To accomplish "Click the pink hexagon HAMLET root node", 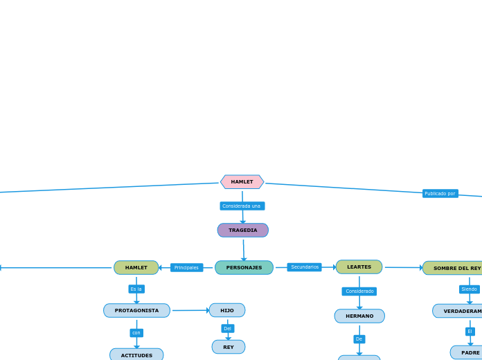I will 242,182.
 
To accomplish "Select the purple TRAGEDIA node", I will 242,231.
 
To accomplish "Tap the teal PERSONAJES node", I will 244,268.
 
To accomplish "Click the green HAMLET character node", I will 136,268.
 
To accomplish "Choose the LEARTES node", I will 359,267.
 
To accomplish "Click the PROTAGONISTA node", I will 136,311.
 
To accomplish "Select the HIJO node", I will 227,311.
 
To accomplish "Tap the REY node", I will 228,347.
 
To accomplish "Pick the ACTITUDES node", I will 136,355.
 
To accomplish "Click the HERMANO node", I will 359,316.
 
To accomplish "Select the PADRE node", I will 469,352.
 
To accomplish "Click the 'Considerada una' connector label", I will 242,206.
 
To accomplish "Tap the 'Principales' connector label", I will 186,268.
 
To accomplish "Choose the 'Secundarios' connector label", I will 305,267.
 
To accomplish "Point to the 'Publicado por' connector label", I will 440,194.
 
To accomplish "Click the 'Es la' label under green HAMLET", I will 136,289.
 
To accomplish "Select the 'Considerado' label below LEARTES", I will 359,291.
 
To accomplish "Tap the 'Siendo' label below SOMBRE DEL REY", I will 469,289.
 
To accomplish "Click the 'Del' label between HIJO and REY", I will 227,329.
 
